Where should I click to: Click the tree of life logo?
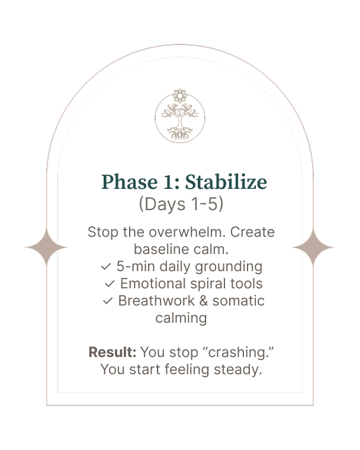click(x=180, y=116)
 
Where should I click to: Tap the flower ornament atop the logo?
click(x=180, y=95)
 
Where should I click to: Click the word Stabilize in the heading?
click(x=226, y=182)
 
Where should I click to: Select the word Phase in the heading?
click(x=130, y=182)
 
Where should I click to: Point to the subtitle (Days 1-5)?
click(x=181, y=204)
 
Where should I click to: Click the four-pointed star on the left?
click(x=46, y=247)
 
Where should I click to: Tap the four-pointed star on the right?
click(x=313, y=247)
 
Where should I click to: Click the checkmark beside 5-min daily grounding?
click(x=106, y=267)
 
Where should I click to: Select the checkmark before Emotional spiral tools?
click(x=110, y=284)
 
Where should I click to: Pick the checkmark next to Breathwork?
click(x=108, y=301)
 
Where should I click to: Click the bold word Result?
click(x=112, y=352)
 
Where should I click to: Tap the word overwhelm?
click(x=187, y=232)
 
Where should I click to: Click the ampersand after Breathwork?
click(x=204, y=301)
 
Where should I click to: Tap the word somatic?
click(x=238, y=301)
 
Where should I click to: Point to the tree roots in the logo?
click(x=180, y=133)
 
